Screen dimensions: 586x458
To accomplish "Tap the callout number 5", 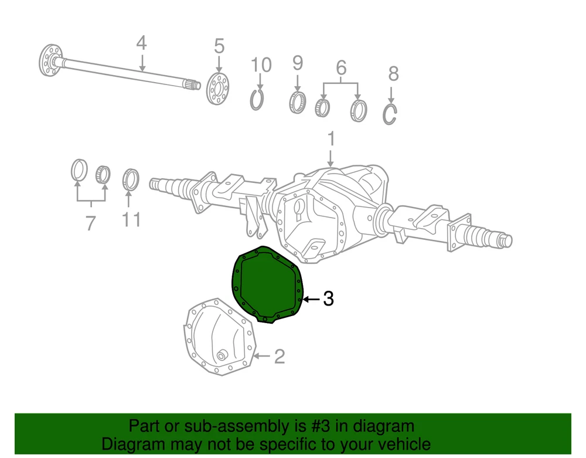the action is click(219, 46).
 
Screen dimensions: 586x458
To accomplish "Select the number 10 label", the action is click(261, 65).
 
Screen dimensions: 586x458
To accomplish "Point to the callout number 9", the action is click(298, 63).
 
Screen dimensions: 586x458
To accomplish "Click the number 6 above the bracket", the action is click(341, 68).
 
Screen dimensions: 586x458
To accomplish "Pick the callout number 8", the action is click(393, 74).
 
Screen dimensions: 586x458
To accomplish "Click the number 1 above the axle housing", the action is click(331, 139).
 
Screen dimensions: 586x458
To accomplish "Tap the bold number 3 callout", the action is click(328, 299).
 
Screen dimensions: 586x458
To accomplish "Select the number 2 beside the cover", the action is click(280, 357).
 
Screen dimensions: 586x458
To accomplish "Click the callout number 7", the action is click(91, 223).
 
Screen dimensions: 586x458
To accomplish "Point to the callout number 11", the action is click(131, 220).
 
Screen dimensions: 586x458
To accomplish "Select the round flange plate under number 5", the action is click(217, 89).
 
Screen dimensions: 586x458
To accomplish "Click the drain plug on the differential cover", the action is click(222, 355).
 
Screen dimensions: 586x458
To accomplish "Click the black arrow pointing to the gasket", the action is click(311, 299).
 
